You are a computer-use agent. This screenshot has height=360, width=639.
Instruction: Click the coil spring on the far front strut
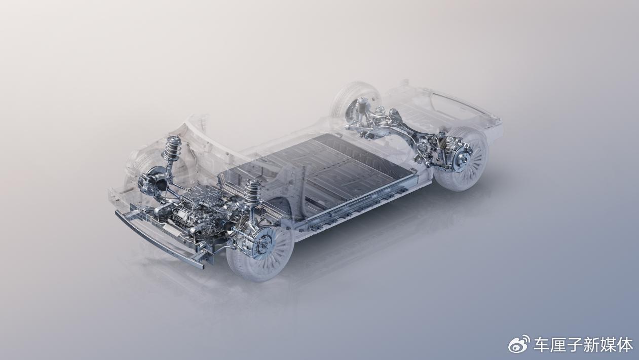pos(171,148)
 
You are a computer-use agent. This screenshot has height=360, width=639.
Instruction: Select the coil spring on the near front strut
pos(251,192)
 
